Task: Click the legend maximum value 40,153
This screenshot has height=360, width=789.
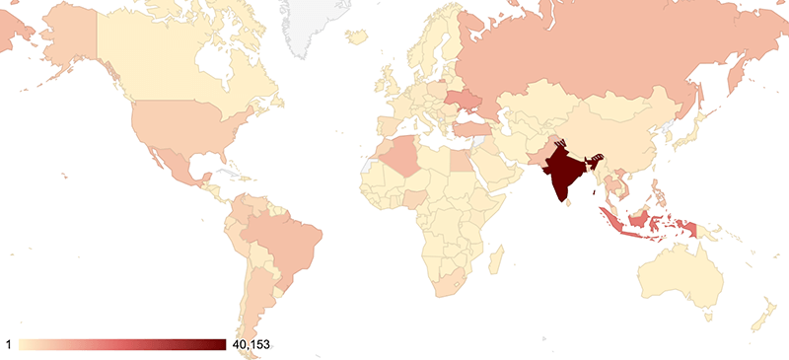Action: [248, 344]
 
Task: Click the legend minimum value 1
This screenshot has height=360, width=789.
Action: [9, 344]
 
